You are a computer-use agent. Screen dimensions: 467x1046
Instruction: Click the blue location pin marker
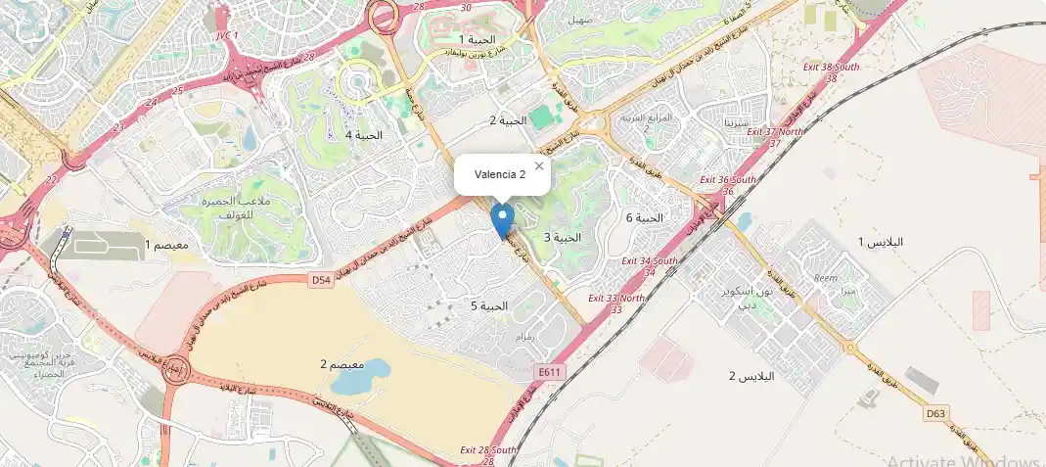pyautogui.click(x=503, y=219)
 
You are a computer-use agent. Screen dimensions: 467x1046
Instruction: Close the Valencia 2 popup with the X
pyautogui.click(x=538, y=166)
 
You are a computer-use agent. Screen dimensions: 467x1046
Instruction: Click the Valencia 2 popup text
pyautogui.click(x=500, y=174)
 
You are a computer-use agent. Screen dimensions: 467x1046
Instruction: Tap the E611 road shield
pyautogui.click(x=549, y=372)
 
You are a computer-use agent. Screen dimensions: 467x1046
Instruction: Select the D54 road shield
pyautogui.click(x=320, y=279)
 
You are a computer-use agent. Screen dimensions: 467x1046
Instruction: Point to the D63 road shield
pyautogui.click(x=935, y=413)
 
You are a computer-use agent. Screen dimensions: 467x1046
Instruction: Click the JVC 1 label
pyautogui.click(x=226, y=34)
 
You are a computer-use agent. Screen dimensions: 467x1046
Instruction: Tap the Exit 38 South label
pyautogui.click(x=832, y=67)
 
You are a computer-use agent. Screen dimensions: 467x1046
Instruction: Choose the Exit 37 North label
pyautogui.click(x=775, y=131)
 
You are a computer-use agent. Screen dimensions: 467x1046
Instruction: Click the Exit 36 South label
pyautogui.click(x=728, y=180)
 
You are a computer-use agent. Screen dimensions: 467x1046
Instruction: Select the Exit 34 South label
pyautogui.click(x=650, y=261)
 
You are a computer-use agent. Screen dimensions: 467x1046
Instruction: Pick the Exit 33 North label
pyautogui.click(x=616, y=298)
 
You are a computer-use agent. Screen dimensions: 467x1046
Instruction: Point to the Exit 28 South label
pyautogui.click(x=488, y=450)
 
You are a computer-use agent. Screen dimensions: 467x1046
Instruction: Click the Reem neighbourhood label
pyautogui.click(x=826, y=278)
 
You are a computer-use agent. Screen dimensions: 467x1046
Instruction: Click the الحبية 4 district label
pyautogui.click(x=363, y=135)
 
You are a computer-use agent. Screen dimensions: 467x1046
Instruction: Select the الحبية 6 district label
pyautogui.click(x=644, y=217)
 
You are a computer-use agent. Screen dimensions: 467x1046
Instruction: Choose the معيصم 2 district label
pyautogui.click(x=337, y=364)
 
